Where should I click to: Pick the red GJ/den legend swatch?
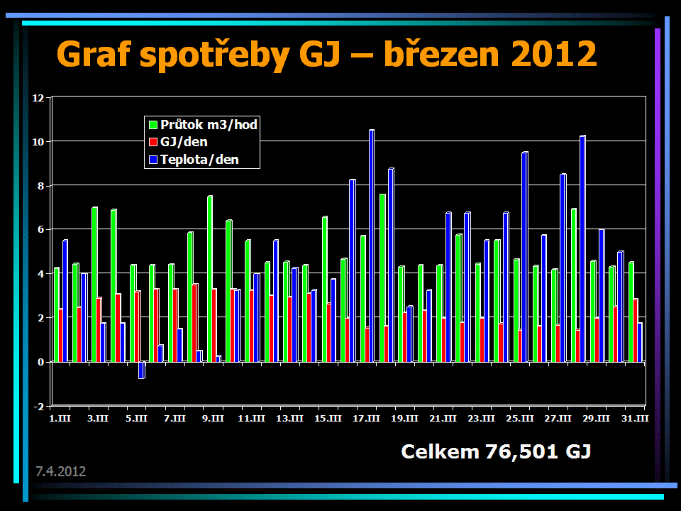[151, 143]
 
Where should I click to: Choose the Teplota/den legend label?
[199, 160]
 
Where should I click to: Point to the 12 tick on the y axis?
[38, 97]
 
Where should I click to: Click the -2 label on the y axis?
[38, 406]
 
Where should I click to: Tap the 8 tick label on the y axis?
[40, 186]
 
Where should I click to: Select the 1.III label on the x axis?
[59, 419]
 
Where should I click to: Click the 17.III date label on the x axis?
[367, 419]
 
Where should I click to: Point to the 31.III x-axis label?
[635, 419]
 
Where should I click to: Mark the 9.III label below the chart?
[212, 419]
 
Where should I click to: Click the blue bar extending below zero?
[141, 370]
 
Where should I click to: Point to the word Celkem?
[440, 451]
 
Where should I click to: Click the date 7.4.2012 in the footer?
[61, 471]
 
